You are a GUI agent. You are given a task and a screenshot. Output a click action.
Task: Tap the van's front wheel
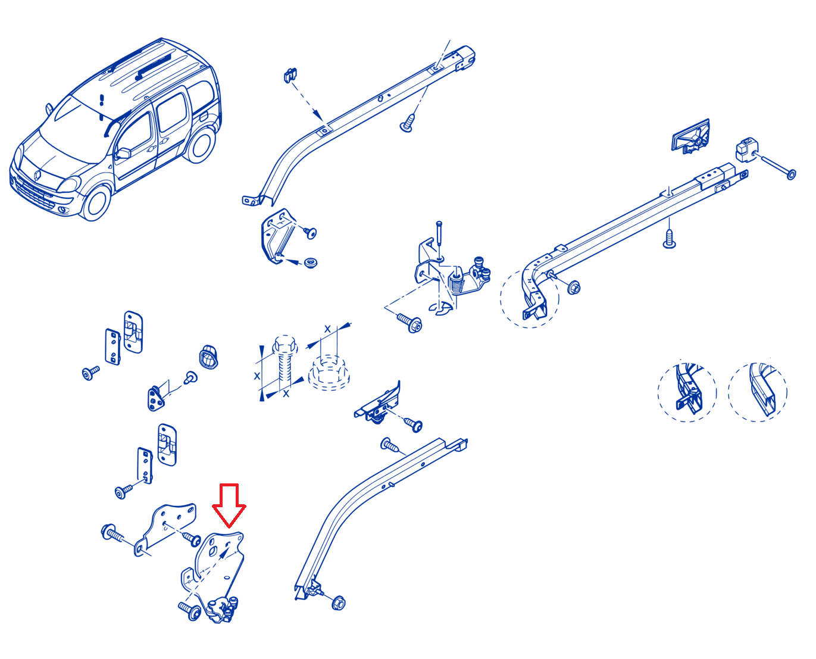(x=96, y=203)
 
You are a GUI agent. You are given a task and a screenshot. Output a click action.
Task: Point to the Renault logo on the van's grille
(x=38, y=176)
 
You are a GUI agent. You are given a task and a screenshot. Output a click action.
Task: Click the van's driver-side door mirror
(x=123, y=153)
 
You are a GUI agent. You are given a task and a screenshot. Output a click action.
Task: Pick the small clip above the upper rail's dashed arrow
(x=290, y=75)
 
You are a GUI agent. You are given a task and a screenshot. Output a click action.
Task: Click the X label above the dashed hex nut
(x=327, y=329)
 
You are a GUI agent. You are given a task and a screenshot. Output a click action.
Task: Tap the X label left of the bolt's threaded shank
(x=257, y=376)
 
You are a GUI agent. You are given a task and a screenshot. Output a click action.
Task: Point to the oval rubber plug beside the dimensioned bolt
(x=208, y=357)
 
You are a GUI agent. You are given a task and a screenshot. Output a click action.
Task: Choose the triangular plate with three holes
(x=155, y=398)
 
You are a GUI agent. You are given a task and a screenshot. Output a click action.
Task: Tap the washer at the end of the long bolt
(x=791, y=174)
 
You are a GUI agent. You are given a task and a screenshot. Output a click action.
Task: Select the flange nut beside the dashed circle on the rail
(x=574, y=288)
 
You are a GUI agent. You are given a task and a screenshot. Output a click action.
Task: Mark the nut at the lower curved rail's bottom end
(x=338, y=603)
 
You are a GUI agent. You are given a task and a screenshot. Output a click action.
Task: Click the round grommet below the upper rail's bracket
(x=310, y=263)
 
